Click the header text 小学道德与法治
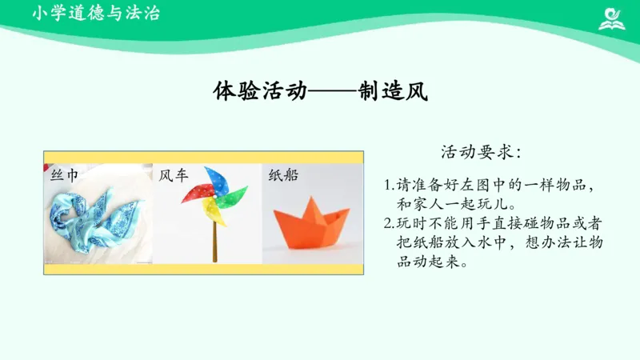(86, 14)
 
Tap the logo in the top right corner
(612, 18)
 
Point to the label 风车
(174, 174)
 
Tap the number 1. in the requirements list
(390, 185)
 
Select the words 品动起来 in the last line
(431, 262)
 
